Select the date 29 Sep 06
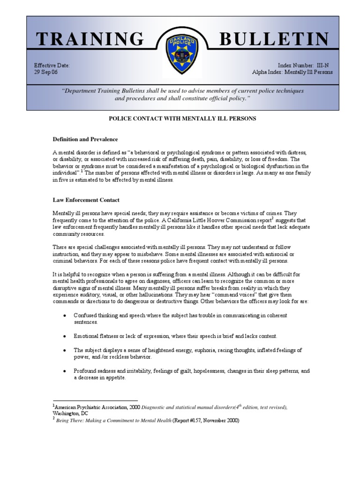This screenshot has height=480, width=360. pyautogui.click(x=45, y=72)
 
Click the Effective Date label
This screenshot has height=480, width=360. pyautogui.click(x=52, y=66)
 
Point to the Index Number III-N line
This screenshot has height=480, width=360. pyautogui.click(x=305, y=66)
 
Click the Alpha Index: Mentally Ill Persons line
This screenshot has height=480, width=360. pyautogui.click(x=292, y=72)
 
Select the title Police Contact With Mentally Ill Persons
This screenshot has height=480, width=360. pyautogui.click(x=182, y=119)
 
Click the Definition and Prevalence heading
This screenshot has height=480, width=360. pyautogui.click(x=85, y=139)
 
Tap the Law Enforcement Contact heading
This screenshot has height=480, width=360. pyautogui.click(x=86, y=200)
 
